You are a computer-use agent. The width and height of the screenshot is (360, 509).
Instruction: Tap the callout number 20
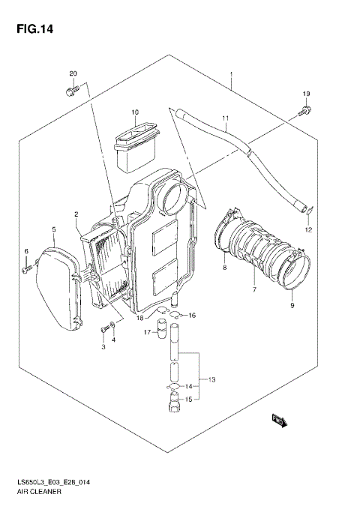(x=73, y=73)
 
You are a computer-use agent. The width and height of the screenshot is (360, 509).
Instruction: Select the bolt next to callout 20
(x=72, y=91)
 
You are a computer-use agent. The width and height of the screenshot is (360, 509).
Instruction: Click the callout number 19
(x=306, y=94)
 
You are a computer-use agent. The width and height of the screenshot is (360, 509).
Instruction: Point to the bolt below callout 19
(x=305, y=112)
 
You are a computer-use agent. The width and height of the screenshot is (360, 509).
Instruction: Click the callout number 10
(x=136, y=113)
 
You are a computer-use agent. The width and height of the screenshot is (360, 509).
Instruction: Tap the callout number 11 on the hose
(x=224, y=118)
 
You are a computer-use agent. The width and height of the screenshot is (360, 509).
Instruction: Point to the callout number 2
(x=76, y=215)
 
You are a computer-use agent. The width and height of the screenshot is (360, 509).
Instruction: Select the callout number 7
(x=253, y=289)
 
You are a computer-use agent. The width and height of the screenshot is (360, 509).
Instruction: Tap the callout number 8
(x=223, y=266)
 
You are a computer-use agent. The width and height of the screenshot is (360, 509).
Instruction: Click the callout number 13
(x=211, y=381)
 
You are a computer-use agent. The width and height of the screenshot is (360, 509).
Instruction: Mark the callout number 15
(x=188, y=400)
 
